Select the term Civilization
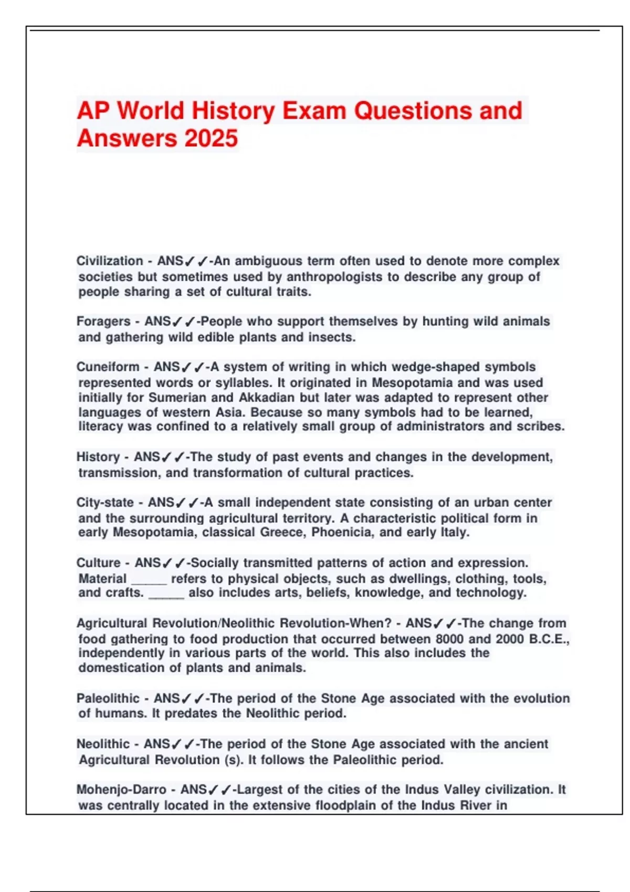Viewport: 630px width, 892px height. [x=110, y=261]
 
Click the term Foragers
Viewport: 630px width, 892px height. [x=103, y=321]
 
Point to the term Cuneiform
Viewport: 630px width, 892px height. [x=108, y=367]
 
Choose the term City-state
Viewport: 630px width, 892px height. [x=105, y=503]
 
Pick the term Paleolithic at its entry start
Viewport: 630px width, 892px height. [x=108, y=698]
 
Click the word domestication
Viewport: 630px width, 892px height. [x=120, y=668]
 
